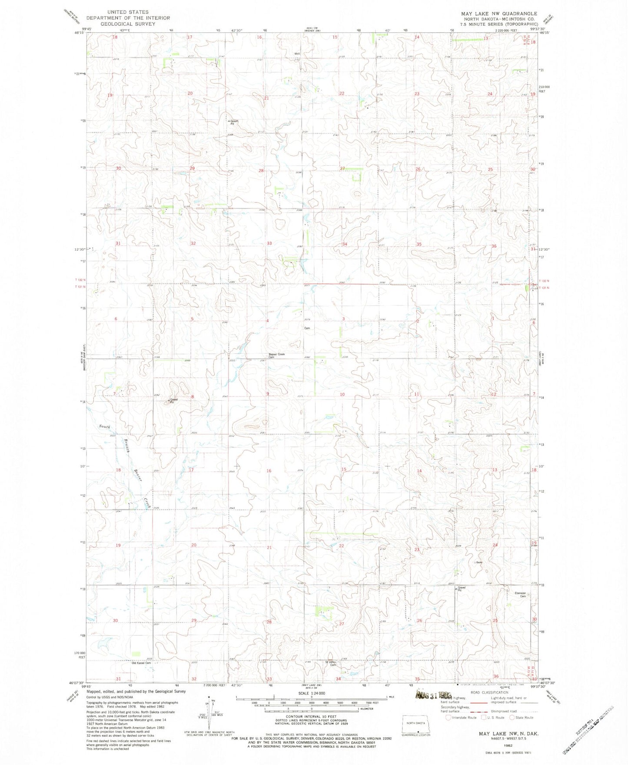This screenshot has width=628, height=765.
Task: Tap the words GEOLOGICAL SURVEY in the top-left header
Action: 128,24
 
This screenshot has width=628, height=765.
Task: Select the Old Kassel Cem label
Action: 141,663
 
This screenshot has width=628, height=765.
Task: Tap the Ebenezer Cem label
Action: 521,594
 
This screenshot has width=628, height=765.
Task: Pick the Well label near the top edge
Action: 297,54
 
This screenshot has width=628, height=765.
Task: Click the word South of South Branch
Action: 104,426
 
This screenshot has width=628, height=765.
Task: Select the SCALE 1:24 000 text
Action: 312,693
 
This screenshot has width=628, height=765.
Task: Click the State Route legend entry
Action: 513,717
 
